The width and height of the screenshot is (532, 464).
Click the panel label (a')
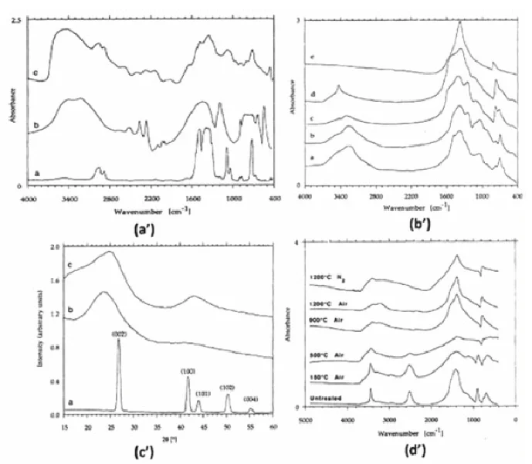(x=144, y=229)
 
